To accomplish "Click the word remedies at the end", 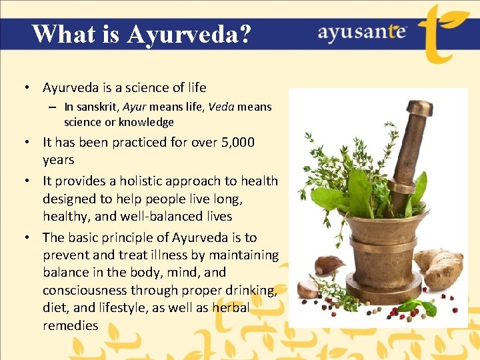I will coord(70,325).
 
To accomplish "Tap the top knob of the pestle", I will coord(419,109).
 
